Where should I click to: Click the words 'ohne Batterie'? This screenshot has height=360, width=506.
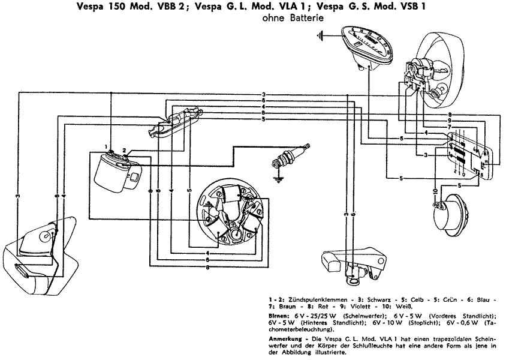(294, 18)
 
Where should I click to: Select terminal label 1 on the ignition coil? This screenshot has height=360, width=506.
(106, 146)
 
